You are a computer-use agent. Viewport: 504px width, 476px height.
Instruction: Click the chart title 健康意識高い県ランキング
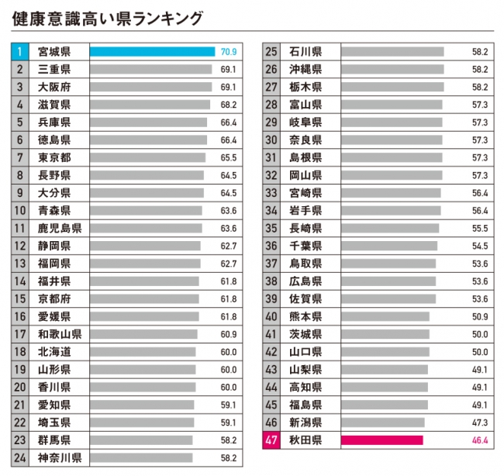tap(109, 17)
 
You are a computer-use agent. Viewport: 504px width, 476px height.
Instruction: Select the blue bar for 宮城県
tap(152, 52)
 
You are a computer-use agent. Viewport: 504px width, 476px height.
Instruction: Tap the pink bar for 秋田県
tap(381, 440)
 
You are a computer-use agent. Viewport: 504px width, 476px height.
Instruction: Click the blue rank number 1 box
tap(19, 52)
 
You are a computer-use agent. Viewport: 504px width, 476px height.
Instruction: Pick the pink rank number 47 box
tap(271, 440)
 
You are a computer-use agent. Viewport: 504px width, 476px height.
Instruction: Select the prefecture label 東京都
tap(54, 157)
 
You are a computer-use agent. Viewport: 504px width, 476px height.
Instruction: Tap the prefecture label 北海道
tap(54, 351)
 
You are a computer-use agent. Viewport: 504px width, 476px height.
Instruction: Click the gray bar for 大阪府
tap(150, 87)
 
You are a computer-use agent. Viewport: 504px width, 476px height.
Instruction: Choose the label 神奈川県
tap(60, 457)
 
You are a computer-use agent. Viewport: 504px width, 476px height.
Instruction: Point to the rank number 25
tap(271, 52)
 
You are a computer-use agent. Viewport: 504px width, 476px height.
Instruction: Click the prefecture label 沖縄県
tap(305, 70)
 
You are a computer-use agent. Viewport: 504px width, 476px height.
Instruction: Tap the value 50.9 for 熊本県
tap(479, 316)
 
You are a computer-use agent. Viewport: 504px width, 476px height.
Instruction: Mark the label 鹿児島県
tap(60, 228)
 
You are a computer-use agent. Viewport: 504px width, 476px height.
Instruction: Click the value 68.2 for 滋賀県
tap(228, 105)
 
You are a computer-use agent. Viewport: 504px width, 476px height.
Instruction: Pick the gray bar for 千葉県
tap(388, 246)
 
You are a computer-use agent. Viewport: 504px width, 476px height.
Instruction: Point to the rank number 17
tap(20, 334)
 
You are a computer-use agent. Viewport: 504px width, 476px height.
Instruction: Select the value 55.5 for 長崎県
tap(479, 228)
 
